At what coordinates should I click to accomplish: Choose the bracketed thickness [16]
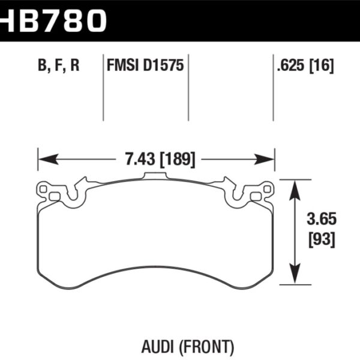(322, 66)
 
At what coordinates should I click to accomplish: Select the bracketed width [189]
(177, 160)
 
